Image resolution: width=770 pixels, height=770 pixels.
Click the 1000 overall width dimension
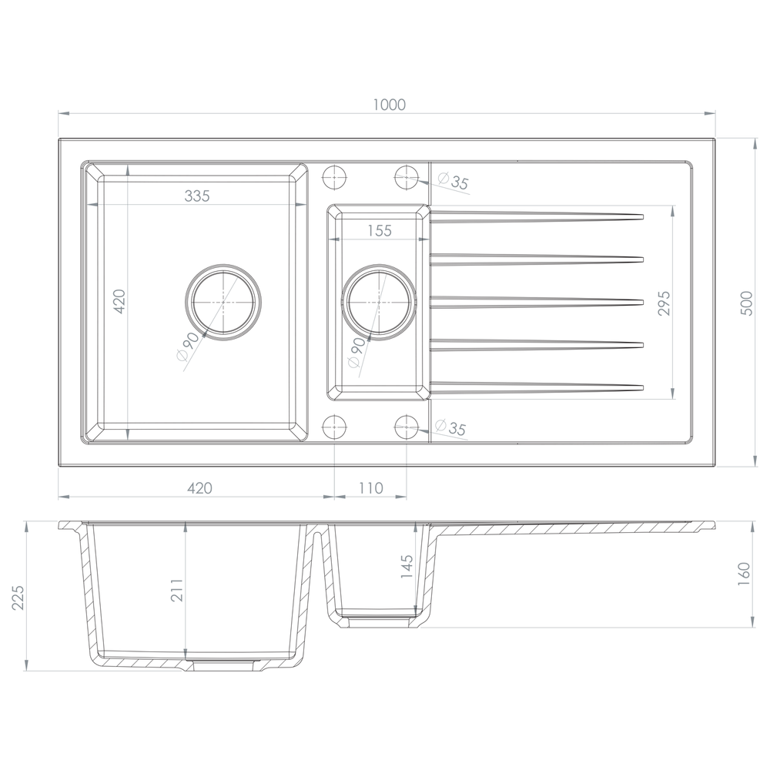coord(390,105)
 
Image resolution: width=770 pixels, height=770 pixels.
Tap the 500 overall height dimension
coord(746,303)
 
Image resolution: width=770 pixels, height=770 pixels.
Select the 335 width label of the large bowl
coord(197,196)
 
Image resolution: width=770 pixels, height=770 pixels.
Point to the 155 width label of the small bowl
coord(380,230)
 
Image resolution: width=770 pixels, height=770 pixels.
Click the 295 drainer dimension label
coord(664,303)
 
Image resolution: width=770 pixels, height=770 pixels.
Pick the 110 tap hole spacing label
coord(371,488)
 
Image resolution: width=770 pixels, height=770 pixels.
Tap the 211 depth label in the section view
coord(177,591)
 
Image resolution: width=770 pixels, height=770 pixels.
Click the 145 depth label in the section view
coord(407,566)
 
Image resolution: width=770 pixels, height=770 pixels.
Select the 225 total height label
coord(18,598)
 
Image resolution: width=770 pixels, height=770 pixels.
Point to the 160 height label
coord(745,574)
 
